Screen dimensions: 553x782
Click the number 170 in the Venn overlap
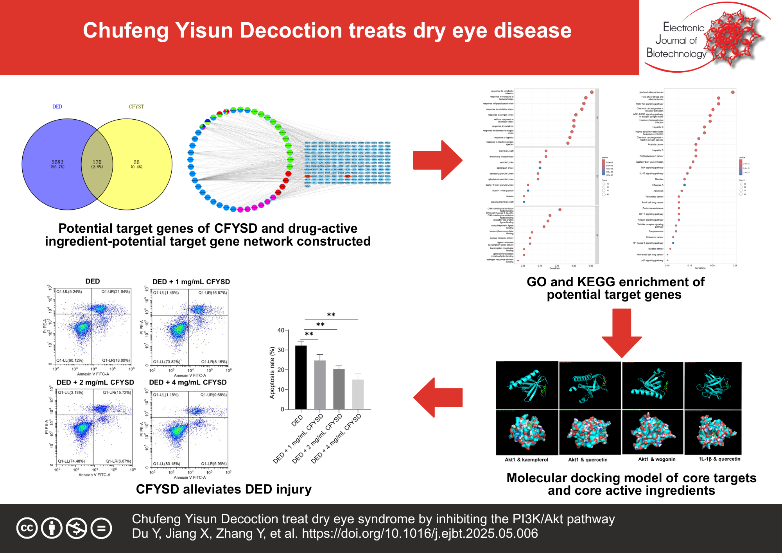pyautogui.click(x=97, y=162)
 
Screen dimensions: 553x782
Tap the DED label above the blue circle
pyautogui.click(x=57, y=107)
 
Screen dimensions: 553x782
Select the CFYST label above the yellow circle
pyautogui.click(x=136, y=107)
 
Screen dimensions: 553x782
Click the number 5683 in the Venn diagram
pyautogui.click(x=57, y=162)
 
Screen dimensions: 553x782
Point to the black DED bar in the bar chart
pyautogui.click(x=301, y=377)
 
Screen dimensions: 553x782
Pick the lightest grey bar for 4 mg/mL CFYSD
pyautogui.click(x=358, y=394)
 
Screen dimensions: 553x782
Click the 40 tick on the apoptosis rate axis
pyautogui.click(x=281, y=330)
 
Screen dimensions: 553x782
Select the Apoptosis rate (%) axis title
pyautogui.click(x=272, y=373)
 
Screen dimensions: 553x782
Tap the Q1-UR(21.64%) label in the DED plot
pyautogui.click(x=115, y=292)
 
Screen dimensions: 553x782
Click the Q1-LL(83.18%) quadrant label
pyautogui.click(x=167, y=464)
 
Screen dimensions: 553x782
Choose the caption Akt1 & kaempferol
pyautogui.click(x=526, y=460)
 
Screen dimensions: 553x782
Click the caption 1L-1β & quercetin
pyautogui.click(x=719, y=459)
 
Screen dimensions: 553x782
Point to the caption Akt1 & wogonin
pyautogui.click(x=657, y=459)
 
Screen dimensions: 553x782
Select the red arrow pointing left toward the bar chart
pyautogui.click(x=438, y=397)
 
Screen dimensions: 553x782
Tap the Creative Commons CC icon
pyautogui.click(x=27, y=528)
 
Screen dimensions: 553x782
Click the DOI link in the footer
pyautogui.click(x=420, y=533)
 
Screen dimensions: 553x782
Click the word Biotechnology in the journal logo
pyautogui.click(x=676, y=53)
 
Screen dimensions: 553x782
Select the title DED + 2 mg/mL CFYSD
pyautogui.click(x=95, y=382)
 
